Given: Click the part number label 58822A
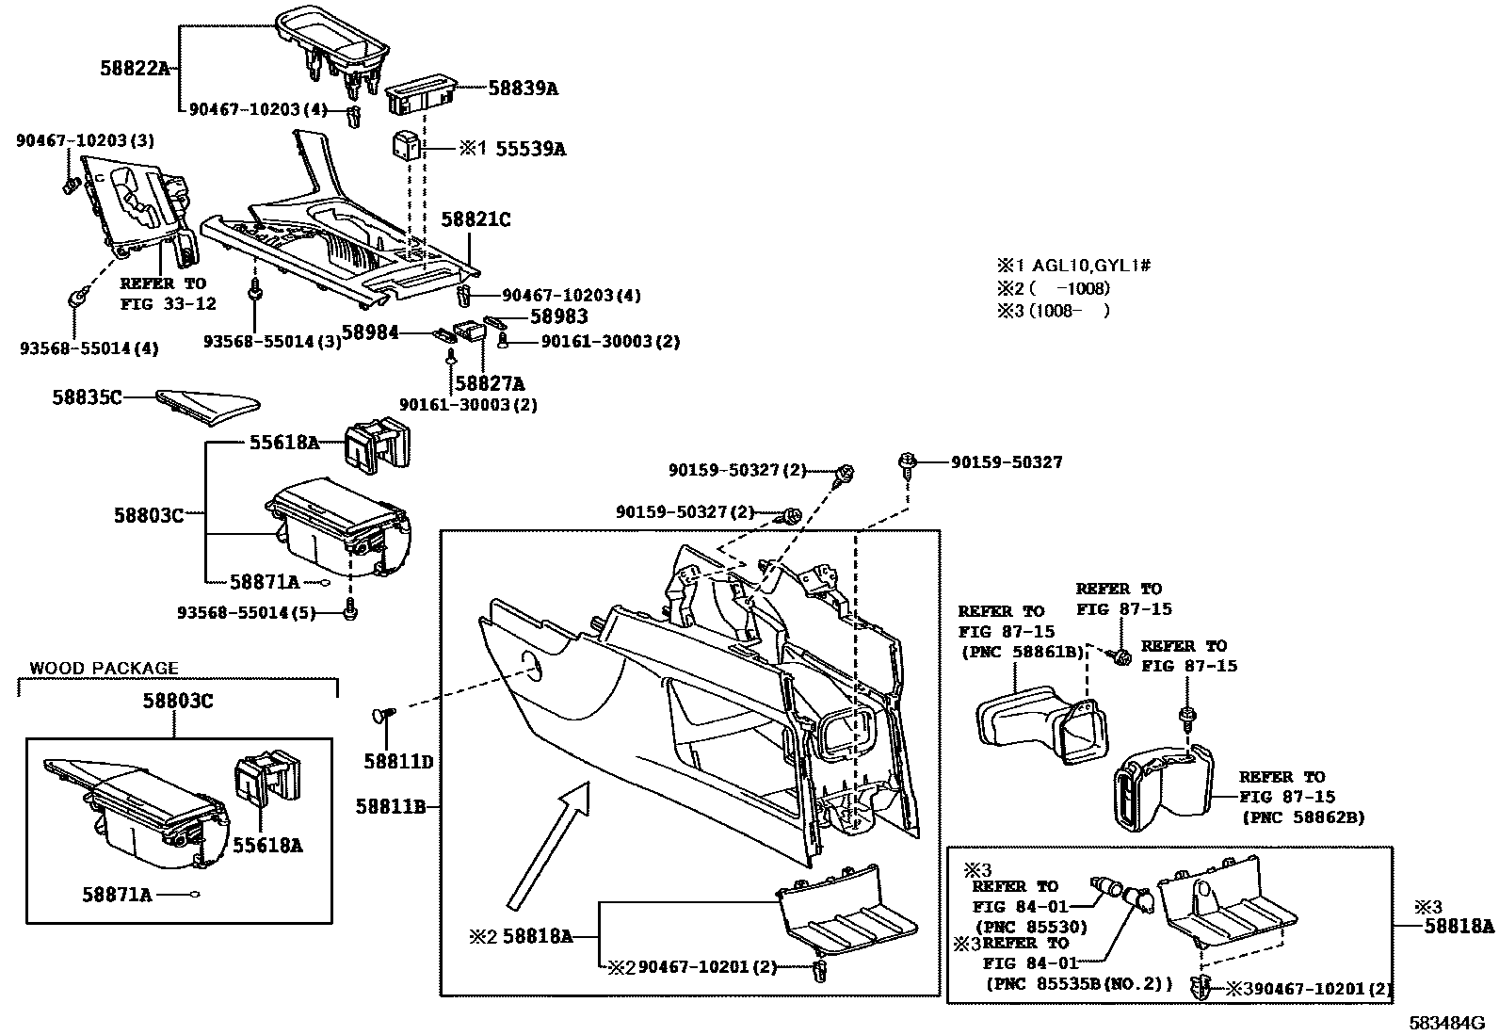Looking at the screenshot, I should tap(135, 68).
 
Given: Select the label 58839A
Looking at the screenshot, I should tap(523, 89).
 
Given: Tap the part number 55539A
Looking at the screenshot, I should tap(530, 149).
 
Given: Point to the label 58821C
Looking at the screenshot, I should tap(475, 219).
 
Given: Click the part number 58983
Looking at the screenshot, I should tap(558, 317).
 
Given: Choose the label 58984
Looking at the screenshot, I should tap(369, 332).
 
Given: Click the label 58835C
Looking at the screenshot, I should tap(87, 397).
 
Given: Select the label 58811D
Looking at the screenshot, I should tap(398, 761).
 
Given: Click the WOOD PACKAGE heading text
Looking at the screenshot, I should tap(104, 669).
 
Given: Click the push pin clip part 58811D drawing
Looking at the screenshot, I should tap(383, 718).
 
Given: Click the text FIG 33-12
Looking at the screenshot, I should tap(168, 303).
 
